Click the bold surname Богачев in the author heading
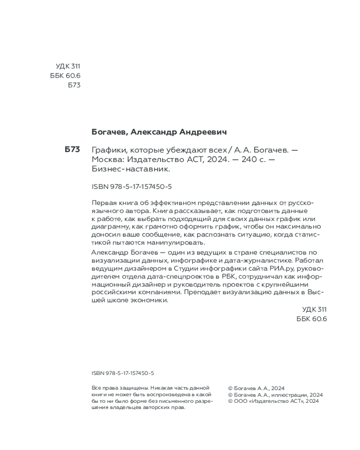click(x=110, y=132)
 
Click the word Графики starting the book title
click(x=108, y=150)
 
